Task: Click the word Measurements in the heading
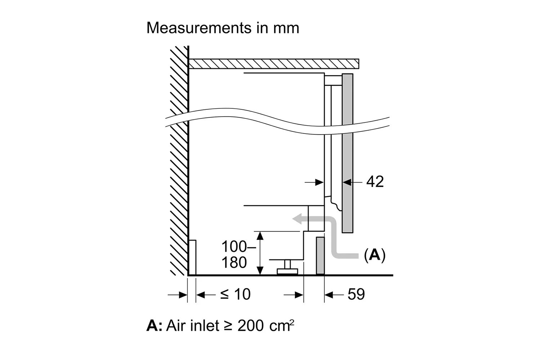pyautogui.click(x=199, y=28)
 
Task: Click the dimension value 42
pyautogui.click(x=375, y=181)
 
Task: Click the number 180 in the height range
pyautogui.click(x=234, y=262)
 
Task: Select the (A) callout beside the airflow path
pyautogui.click(x=375, y=255)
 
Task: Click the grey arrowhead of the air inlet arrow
pyautogui.click(x=297, y=219)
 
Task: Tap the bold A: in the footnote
pyautogui.click(x=154, y=325)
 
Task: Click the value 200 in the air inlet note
pyautogui.click(x=251, y=325)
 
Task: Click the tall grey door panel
pyautogui.click(x=347, y=153)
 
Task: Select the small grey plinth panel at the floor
pyautogui.click(x=320, y=256)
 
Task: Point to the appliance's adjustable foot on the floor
pyautogui.click(x=287, y=267)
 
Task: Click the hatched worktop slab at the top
pyautogui.click(x=274, y=64)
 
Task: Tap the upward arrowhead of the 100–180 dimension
pyautogui.click(x=260, y=235)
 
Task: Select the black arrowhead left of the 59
pyautogui.click(x=329, y=294)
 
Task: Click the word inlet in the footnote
pyautogui.click(x=205, y=325)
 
